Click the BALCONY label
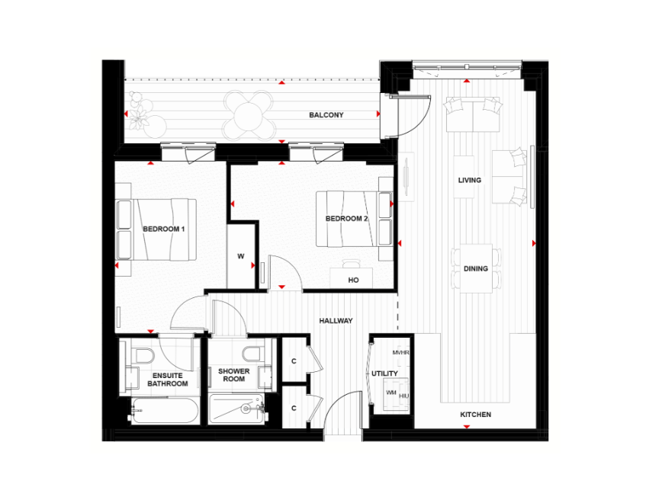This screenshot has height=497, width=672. pyautogui.click(x=326, y=115)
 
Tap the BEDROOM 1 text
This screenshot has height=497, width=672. pyautogui.click(x=164, y=229)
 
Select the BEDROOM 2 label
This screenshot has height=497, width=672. pyautogui.click(x=346, y=219)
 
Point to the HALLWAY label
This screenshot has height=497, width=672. pyautogui.click(x=336, y=320)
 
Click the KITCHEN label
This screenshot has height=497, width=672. pyautogui.click(x=476, y=415)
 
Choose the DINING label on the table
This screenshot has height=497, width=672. pyautogui.click(x=476, y=268)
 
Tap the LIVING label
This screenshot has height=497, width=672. pyautogui.click(x=470, y=180)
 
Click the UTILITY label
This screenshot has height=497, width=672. pyautogui.click(x=384, y=374)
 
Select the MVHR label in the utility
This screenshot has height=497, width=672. pyautogui.click(x=400, y=353)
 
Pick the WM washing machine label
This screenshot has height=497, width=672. pyautogui.click(x=391, y=393)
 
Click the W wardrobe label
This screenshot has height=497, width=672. pyautogui.click(x=241, y=256)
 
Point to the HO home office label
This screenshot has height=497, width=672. pyautogui.click(x=354, y=281)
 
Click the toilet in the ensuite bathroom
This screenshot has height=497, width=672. pyautogui.click(x=144, y=355)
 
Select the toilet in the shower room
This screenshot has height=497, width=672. pyautogui.click(x=252, y=354)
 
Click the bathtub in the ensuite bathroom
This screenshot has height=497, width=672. pyautogui.click(x=165, y=411)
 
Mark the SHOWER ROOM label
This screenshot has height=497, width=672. pyautogui.click(x=234, y=375)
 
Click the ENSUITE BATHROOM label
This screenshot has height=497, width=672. pyautogui.click(x=168, y=380)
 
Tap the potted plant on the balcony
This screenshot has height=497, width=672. pyautogui.click(x=138, y=118)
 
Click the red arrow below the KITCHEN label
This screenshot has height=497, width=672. pyautogui.click(x=467, y=427)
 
